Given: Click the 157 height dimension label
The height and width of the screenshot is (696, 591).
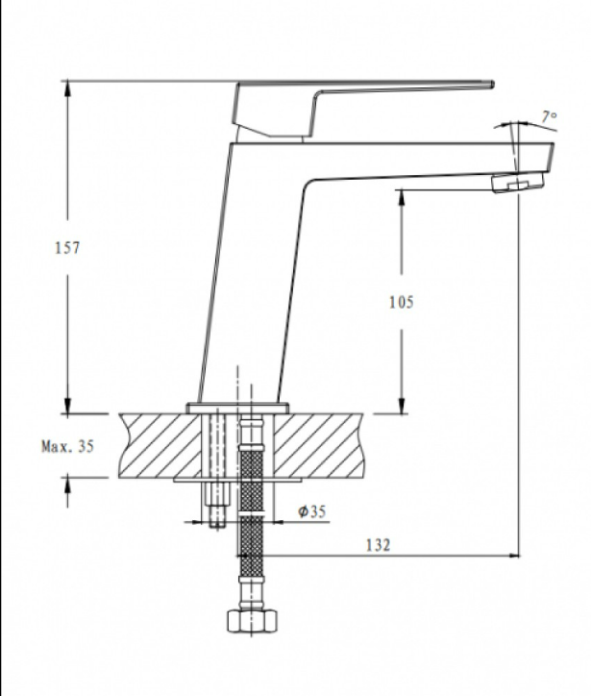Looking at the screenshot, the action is (67, 248).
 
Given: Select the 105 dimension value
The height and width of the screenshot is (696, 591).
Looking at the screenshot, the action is (401, 302).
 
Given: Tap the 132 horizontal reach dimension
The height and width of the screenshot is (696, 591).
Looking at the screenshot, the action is (378, 545).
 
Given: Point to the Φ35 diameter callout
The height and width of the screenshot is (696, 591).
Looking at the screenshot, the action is (312, 511).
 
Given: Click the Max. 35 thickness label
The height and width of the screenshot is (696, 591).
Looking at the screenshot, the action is (68, 446).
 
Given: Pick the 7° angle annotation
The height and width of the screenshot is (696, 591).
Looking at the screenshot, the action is (549, 116).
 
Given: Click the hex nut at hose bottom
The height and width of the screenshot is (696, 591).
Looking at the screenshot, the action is (252, 620).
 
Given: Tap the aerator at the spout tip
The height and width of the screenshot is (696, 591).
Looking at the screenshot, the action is (517, 183).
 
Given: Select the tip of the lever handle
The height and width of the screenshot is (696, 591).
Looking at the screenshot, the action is (492, 85).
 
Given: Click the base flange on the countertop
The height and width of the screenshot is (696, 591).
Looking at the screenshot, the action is (237, 408).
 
